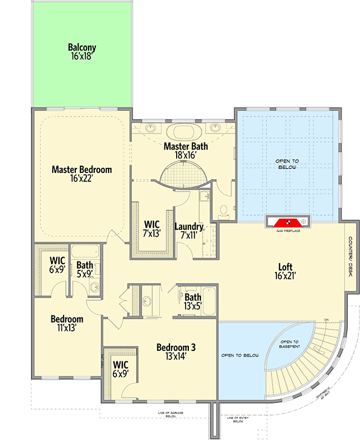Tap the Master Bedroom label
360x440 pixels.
[x=81, y=175]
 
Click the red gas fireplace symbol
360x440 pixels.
[x=288, y=222]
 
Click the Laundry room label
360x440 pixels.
[x=188, y=231]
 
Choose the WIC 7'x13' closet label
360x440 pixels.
[x=152, y=229]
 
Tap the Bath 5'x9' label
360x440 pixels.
[x=85, y=269]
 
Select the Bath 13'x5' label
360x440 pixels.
[x=193, y=302]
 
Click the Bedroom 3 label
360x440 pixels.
[x=176, y=352]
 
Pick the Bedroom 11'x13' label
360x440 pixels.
[x=67, y=324]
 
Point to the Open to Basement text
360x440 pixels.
[x=290, y=344]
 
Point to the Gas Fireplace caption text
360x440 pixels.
[x=288, y=231]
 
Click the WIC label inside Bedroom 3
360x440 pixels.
[x=121, y=370]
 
